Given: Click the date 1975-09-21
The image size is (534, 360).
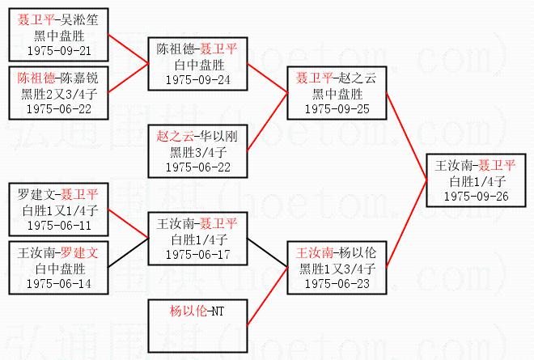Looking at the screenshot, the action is [57, 49].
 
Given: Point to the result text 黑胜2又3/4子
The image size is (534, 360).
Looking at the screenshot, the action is [57, 94].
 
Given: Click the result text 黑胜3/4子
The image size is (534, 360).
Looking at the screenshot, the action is [197, 151].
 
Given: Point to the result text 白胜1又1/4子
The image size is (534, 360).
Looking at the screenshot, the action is [57, 210].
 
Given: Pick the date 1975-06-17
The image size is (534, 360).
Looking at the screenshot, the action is [197, 254].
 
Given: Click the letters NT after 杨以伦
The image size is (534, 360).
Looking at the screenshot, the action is [216, 310].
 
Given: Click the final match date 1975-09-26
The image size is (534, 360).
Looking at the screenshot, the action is [476, 196].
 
